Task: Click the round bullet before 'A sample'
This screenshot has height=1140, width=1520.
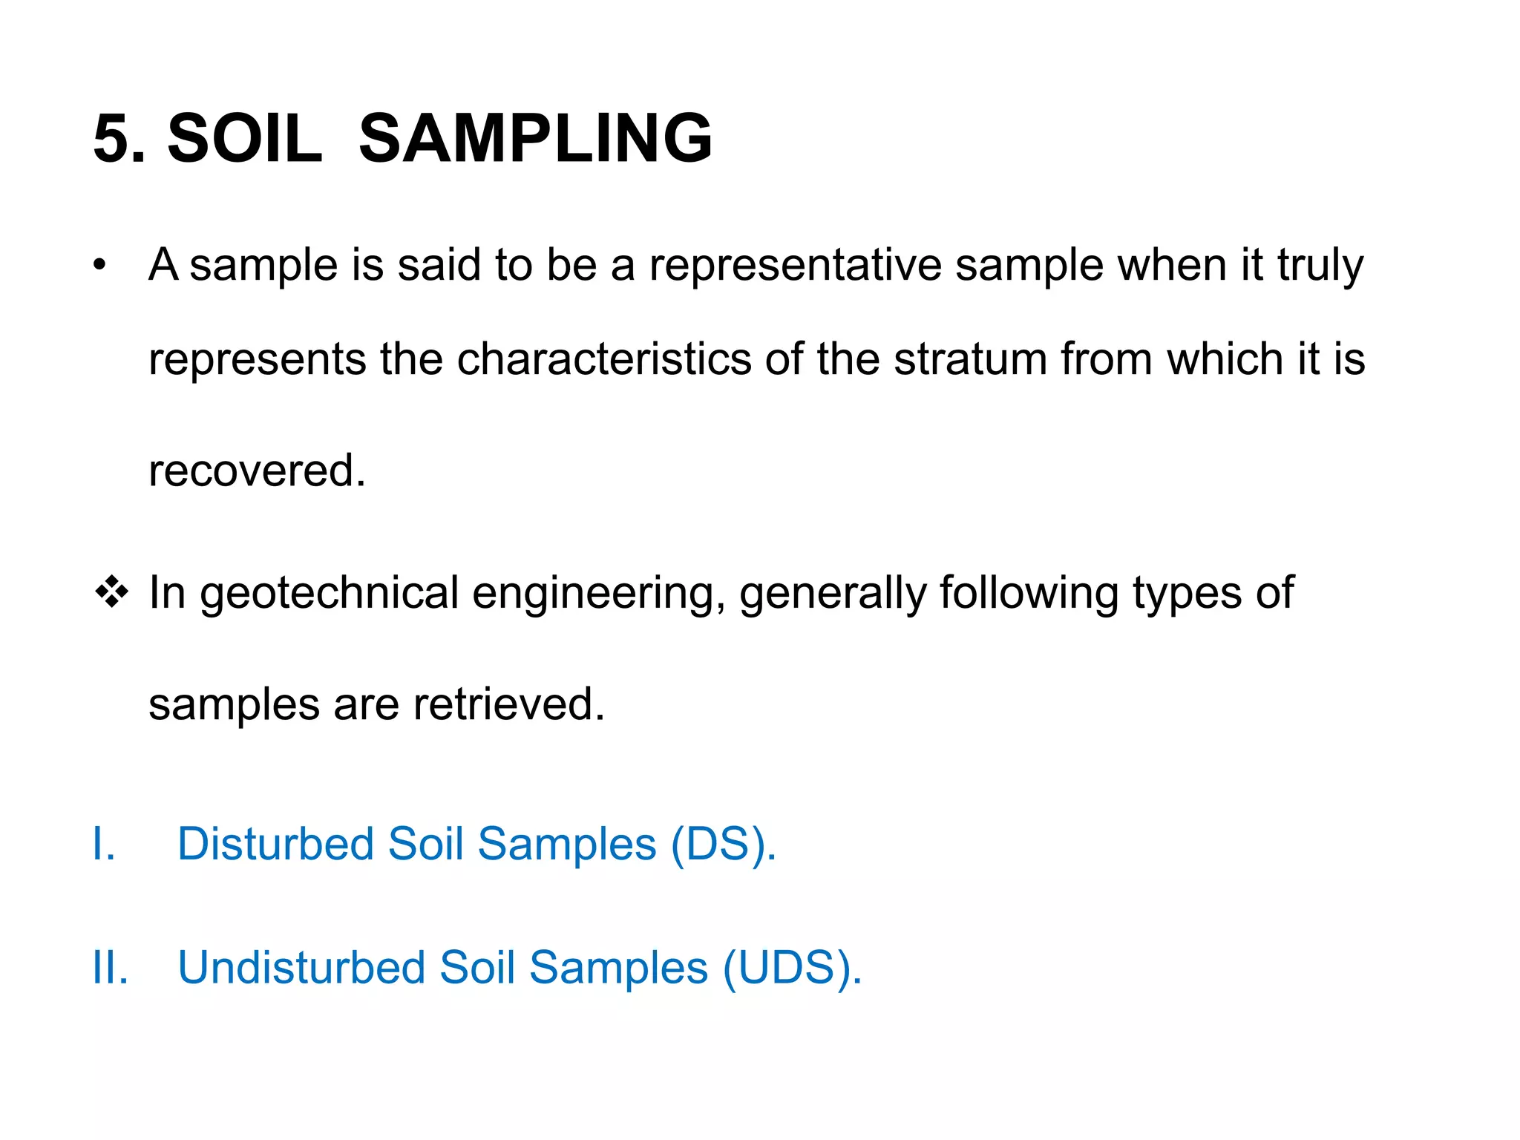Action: pos(100,265)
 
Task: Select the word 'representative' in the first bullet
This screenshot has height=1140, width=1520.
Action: pos(795,265)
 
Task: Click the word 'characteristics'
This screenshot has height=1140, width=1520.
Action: pos(604,359)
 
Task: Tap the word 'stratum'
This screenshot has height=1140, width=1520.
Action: pos(970,359)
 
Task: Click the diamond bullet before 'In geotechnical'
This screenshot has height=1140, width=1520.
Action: pos(111,592)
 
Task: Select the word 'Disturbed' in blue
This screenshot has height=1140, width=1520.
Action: pos(275,845)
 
